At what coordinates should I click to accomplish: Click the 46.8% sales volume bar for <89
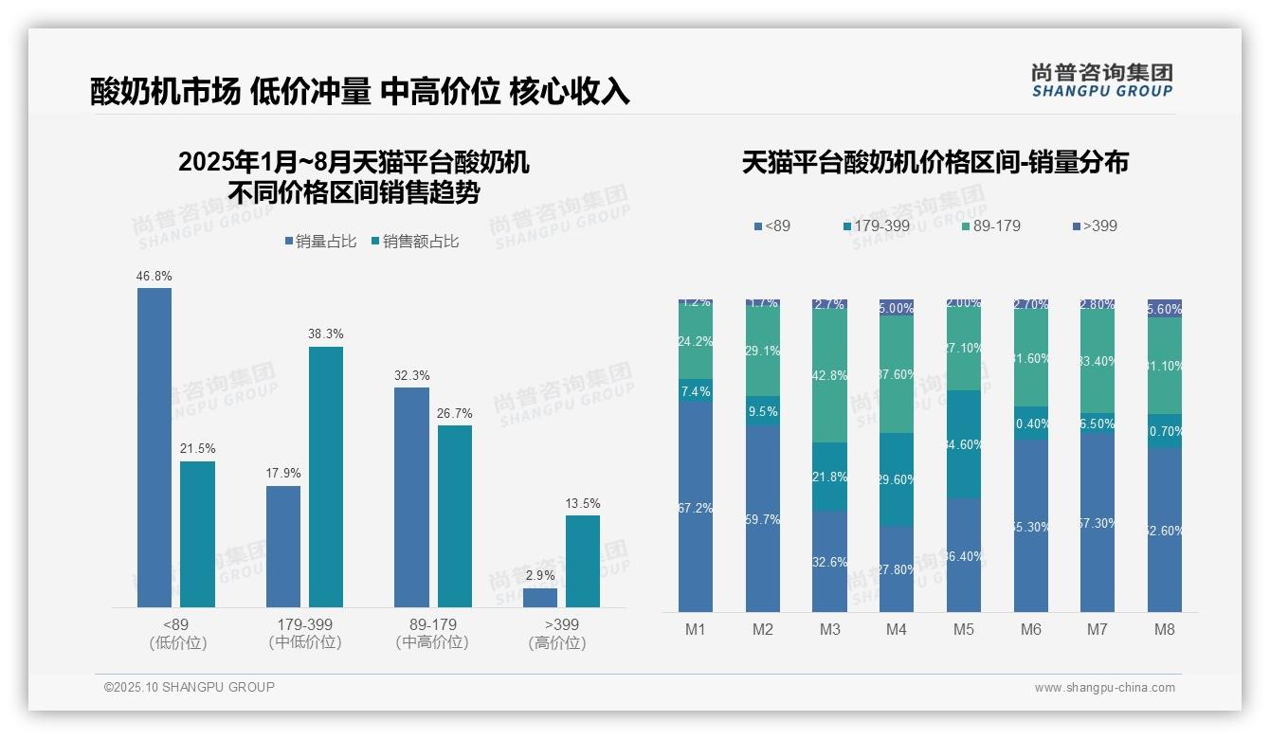click(154, 447)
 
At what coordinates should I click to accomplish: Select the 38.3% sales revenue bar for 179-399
click(326, 477)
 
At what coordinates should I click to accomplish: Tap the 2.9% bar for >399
click(540, 598)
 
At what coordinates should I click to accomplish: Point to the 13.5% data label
click(583, 503)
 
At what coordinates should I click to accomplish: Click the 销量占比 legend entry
click(319, 242)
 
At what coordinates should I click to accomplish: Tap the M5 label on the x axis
click(964, 630)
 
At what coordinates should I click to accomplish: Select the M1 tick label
click(695, 630)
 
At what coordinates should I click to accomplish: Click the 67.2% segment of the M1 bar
click(695, 507)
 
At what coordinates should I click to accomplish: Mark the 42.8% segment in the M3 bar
click(829, 375)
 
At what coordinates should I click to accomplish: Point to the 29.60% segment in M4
click(897, 479)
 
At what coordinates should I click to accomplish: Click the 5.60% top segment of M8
click(1165, 309)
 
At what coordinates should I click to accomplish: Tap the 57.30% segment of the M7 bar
click(1098, 522)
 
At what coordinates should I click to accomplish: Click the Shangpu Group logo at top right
click(1101, 80)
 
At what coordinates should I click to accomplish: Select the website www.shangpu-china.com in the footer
click(1104, 688)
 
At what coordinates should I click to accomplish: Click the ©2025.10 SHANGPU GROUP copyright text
click(190, 687)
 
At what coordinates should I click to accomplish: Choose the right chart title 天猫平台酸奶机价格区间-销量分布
click(934, 162)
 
